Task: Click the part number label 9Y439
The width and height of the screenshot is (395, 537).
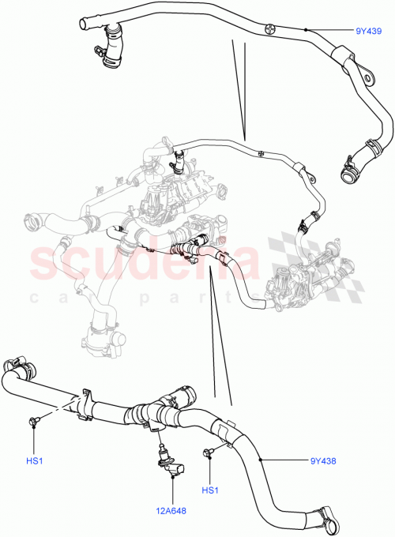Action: [369, 32]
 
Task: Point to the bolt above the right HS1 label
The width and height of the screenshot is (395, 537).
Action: [209, 453]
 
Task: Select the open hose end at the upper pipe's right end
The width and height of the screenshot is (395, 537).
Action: [348, 169]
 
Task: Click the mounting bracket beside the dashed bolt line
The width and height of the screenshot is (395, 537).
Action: [88, 401]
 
